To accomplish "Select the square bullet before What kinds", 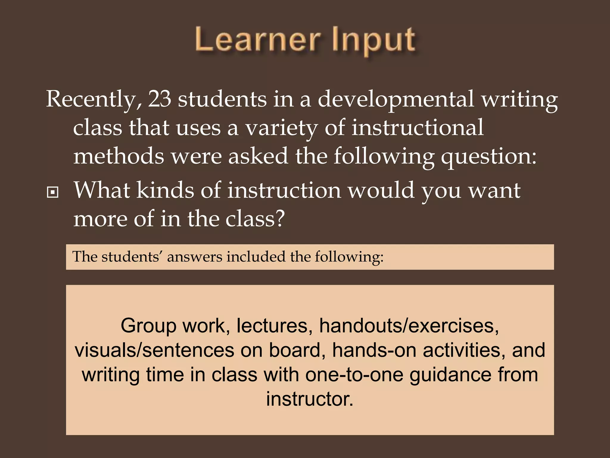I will (x=53, y=193).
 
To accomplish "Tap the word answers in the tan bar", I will (x=194, y=257).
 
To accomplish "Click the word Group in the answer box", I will (x=148, y=326).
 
